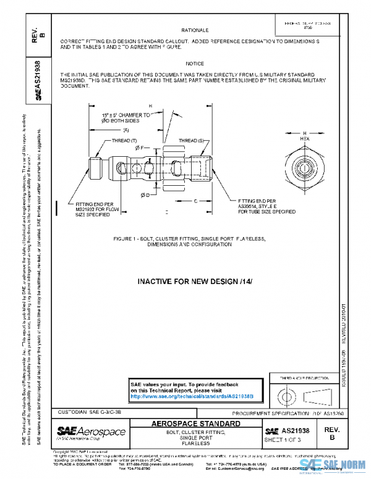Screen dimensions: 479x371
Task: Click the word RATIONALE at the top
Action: click(x=195, y=30)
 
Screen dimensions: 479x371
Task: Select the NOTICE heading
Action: click(x=194, y=64)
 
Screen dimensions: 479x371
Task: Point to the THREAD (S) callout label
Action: click(x=191, y=141)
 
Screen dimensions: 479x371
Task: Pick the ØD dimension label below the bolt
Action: click(x=144, y=195)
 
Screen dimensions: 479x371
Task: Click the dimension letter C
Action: click(x=195, y=201)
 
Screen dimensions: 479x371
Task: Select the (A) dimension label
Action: click(x=125, y=130)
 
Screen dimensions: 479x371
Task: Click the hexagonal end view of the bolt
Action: click(x=305, y=168)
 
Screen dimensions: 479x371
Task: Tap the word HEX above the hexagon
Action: click(x=305, y=139)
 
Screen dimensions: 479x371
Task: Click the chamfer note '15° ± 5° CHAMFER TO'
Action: click(x=126, y=115)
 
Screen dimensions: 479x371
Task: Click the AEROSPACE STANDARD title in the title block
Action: click(x=195, y=424)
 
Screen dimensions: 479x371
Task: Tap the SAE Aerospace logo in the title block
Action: click(x=91, y=431)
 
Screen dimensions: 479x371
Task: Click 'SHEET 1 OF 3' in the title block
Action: click(x=283, y=440)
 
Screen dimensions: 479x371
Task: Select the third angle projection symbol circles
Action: click(x=286, y=393)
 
